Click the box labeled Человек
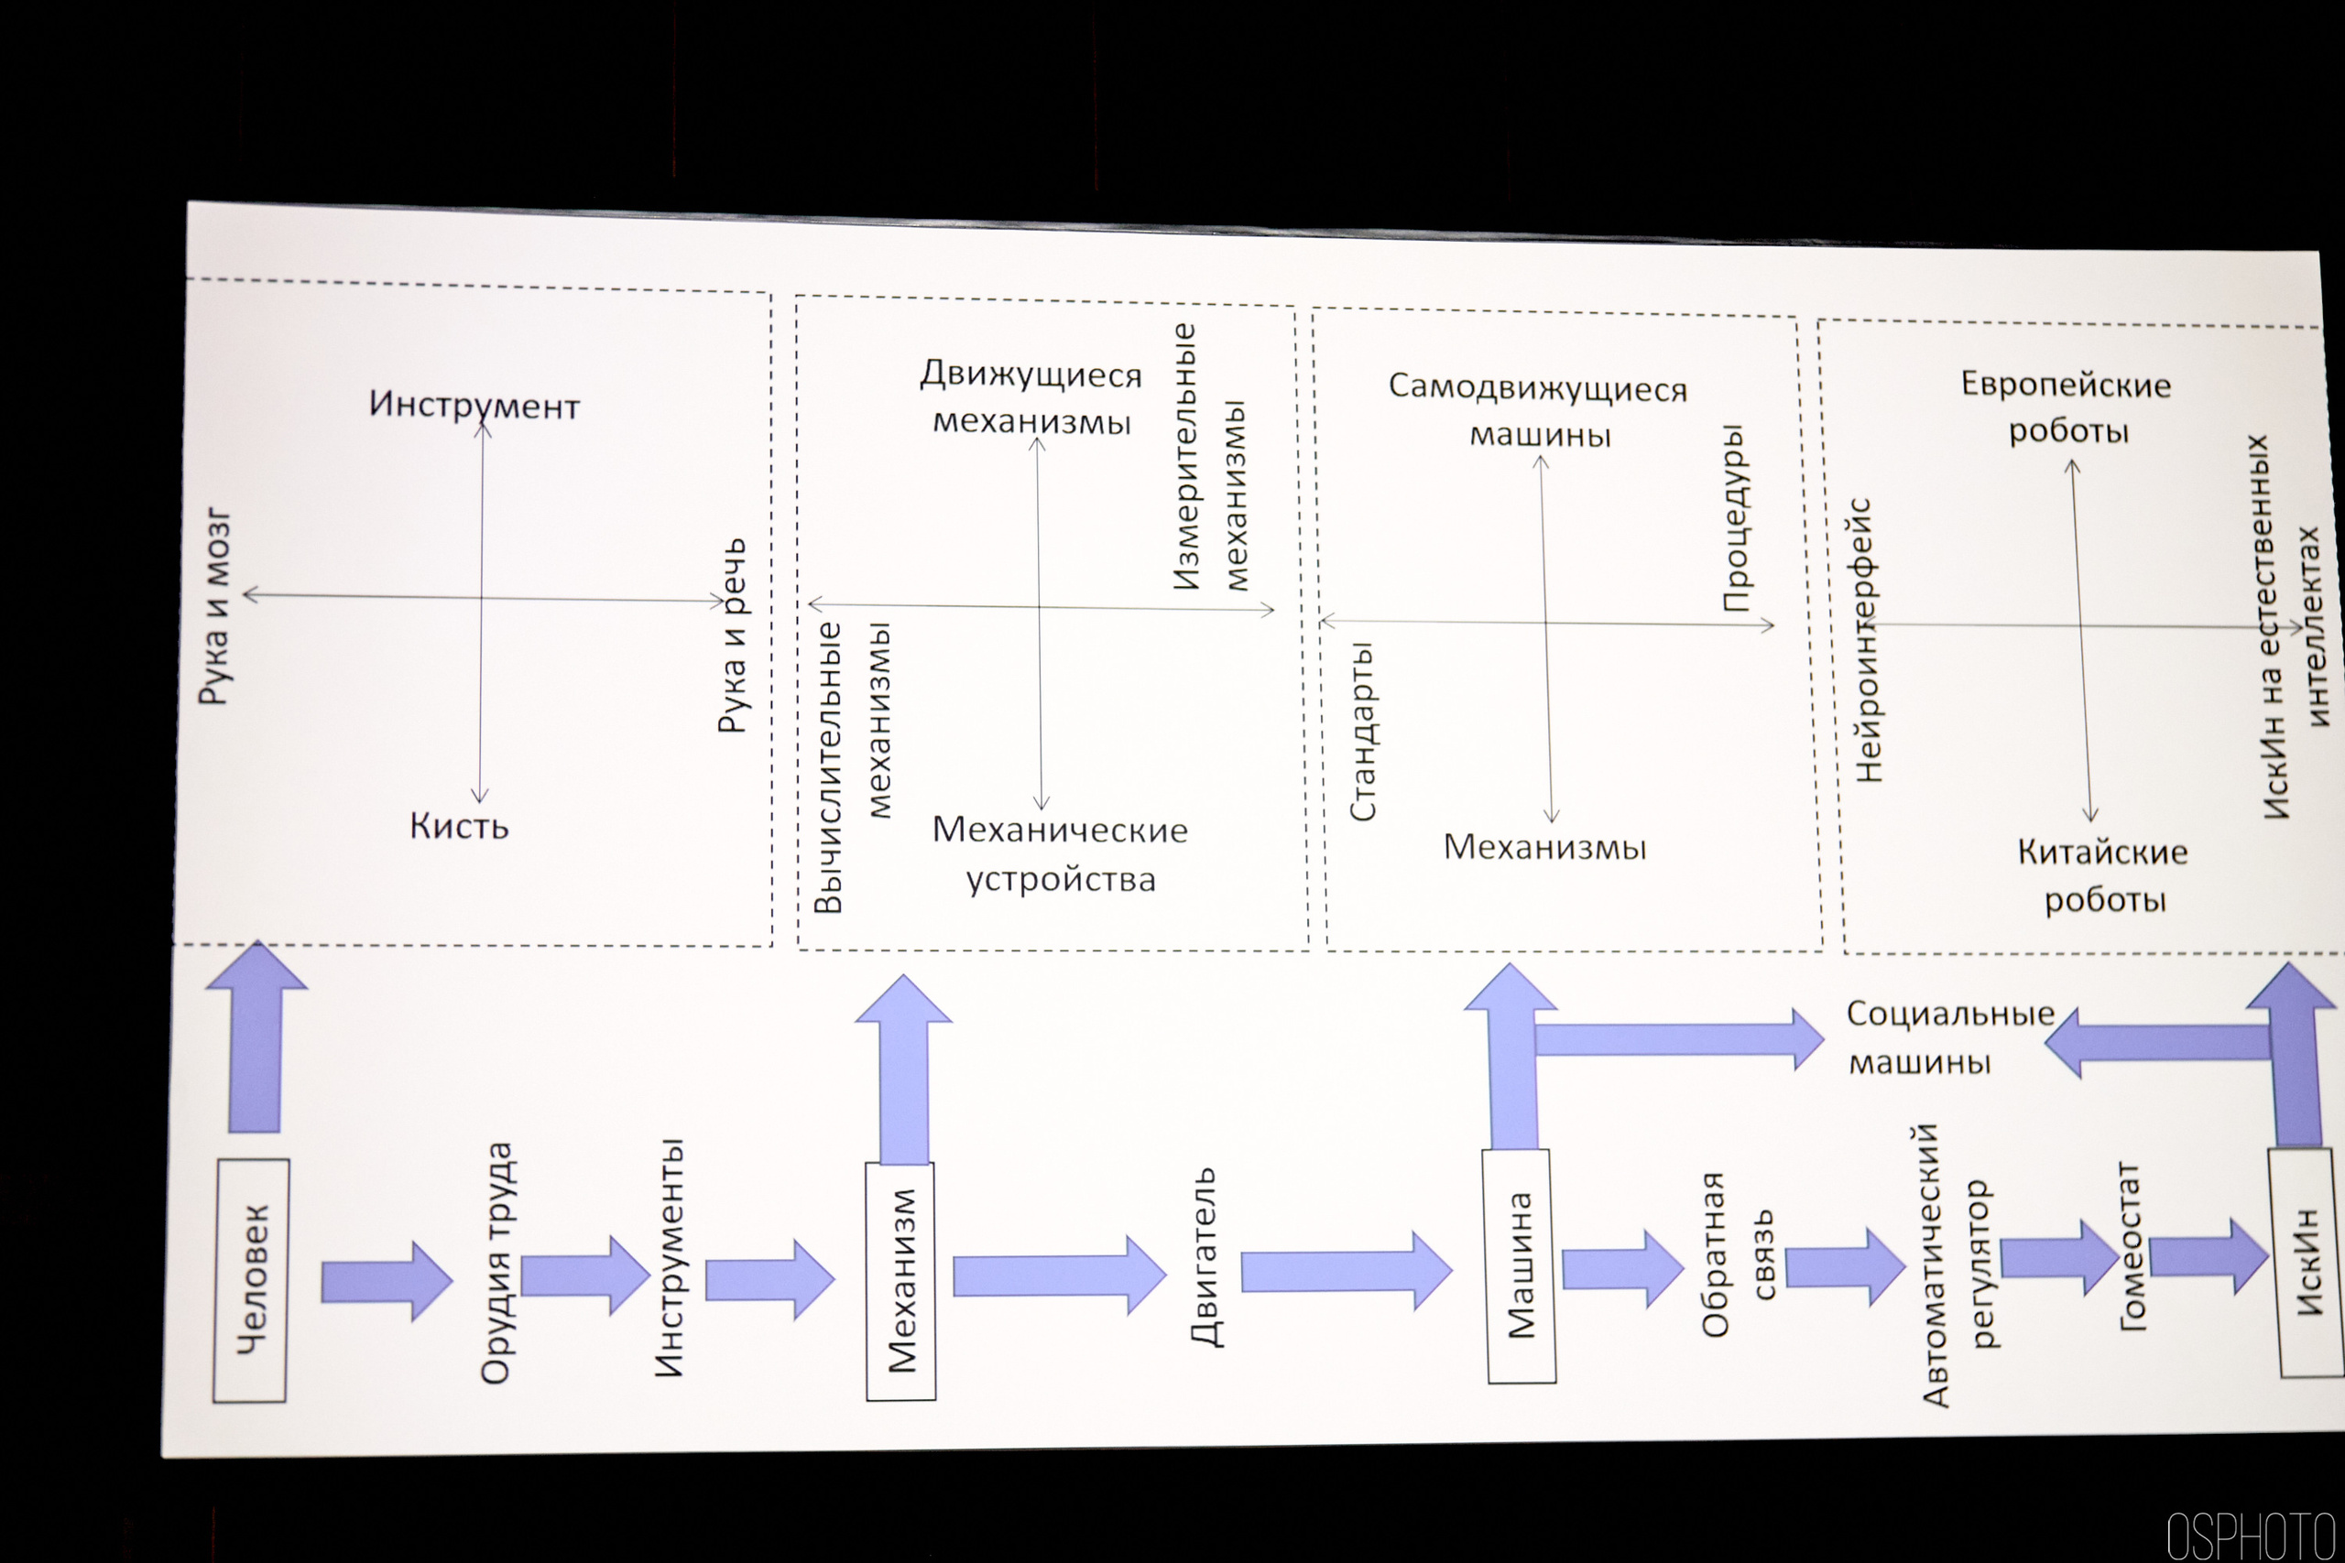click(x=251, y=1280)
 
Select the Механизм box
click(x=900, y=1280)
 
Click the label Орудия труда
click(x=496, y=1263)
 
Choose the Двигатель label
click(x=1205, y=1257)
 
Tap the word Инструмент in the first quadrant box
click(x=474, y=405)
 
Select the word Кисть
click(x=459, y=826)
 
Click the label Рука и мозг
click(x=215, y=608)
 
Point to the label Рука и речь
click(x=733, y=636)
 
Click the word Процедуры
click(x=1735, y=517)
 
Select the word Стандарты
click(x=1362, y=731)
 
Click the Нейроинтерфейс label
click(x=1868, y=640)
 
